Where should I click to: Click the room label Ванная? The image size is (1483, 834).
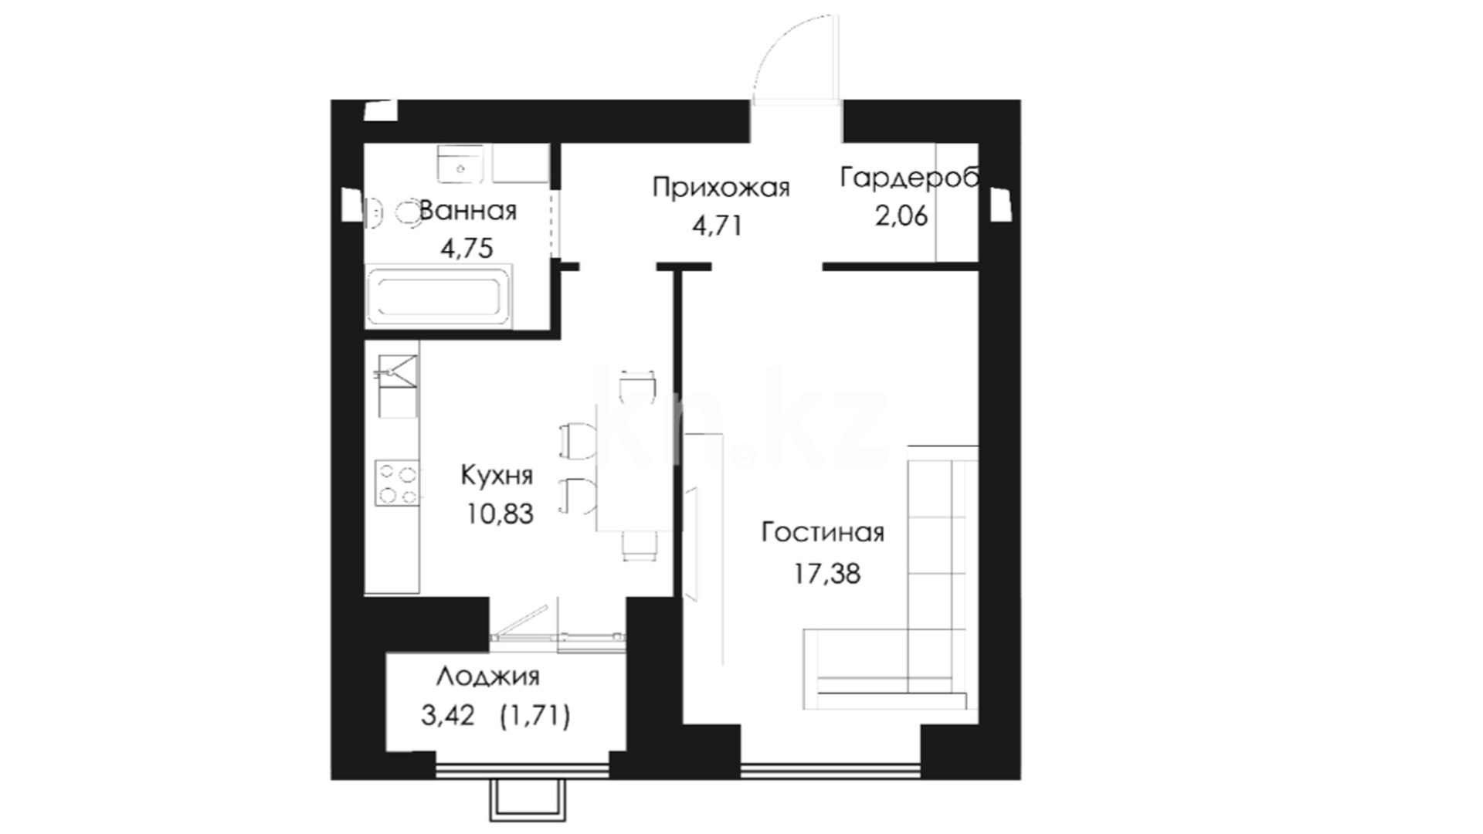coord(467,211)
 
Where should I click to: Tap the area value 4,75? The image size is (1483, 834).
coord(467,249)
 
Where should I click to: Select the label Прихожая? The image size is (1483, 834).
coord(721,188)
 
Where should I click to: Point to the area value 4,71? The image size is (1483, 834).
coord(717,226)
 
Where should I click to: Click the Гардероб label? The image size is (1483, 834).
coord(910,178)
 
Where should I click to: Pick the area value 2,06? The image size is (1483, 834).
coord(901,216)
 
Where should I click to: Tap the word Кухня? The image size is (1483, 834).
coord(497,475)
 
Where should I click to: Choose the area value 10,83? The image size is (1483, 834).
coord(500,514)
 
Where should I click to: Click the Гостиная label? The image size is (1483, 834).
coord(823,533)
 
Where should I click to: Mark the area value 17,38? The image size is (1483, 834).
coord(826,574)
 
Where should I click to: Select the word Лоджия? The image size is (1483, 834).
coord(488,677)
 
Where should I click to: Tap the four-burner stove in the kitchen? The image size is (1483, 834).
coord(398,483)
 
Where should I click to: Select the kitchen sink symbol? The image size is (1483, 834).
coord(397,375)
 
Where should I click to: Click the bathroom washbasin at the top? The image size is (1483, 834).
coord(461,164)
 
